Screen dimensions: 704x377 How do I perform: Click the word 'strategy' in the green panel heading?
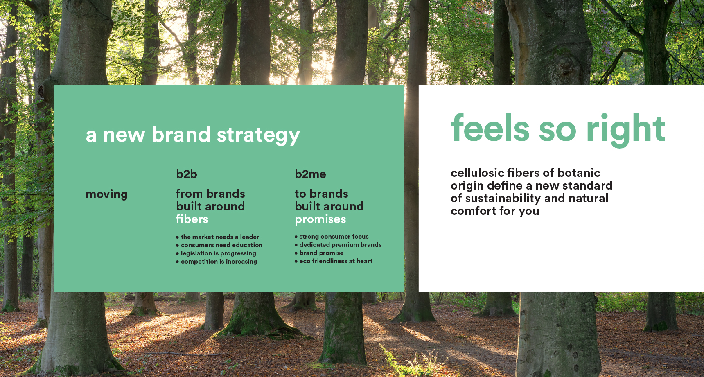(258, 135)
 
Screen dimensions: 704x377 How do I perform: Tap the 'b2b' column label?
(187, 174)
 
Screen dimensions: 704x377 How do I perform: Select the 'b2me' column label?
(310, 174)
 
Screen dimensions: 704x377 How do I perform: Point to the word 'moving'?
(106, 194)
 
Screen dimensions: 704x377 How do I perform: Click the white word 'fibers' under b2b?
(192, 219)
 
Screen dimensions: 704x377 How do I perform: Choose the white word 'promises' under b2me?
(320, 219)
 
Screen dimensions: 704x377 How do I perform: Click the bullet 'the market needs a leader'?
(217, 237)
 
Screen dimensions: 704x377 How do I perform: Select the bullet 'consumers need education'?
(219, 245)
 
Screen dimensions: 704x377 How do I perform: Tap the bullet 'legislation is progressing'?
(216, 253)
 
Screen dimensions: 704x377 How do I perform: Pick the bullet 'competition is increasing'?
(217, 261)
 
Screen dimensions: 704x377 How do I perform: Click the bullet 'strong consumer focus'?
(332, 236)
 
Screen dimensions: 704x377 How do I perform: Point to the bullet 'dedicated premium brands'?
(338, 244)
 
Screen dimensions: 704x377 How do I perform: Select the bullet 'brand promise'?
(319, 253)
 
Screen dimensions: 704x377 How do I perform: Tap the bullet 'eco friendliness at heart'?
(334, 261)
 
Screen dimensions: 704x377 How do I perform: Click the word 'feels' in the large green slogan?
(490, 128)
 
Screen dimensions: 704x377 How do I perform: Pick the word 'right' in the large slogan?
(626, 130)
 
